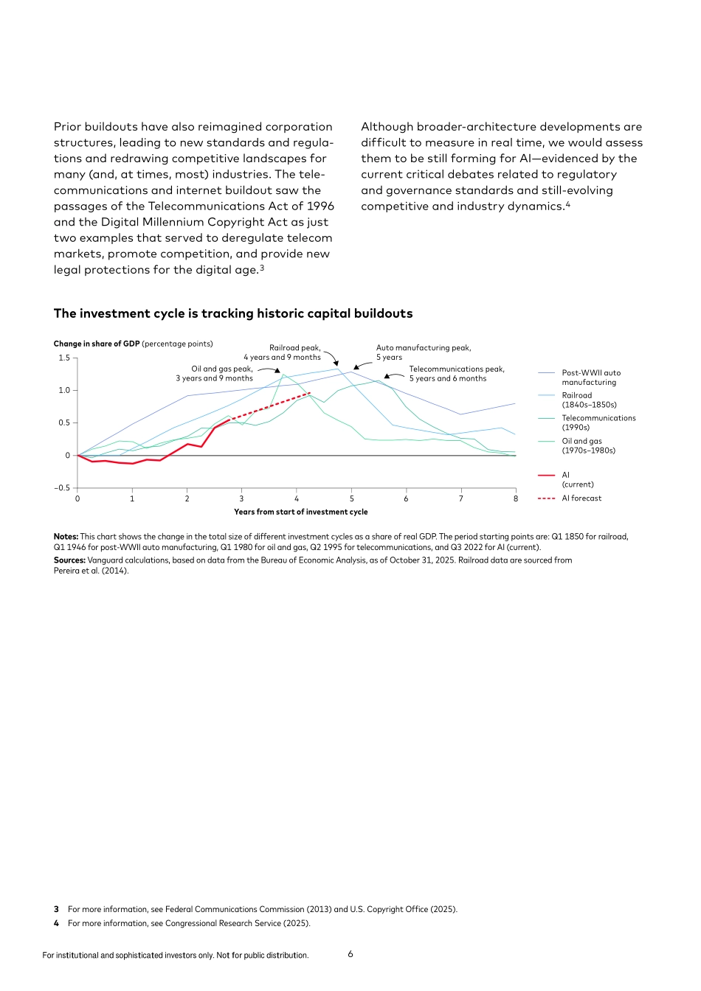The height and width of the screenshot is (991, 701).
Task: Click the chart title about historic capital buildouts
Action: [233, 313]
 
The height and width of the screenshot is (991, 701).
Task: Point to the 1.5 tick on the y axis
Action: [64, 358]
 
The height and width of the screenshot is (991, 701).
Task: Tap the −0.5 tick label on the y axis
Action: [62, 488]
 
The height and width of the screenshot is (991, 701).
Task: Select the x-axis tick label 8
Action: [516, 499]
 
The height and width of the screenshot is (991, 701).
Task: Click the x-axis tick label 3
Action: [241, 499]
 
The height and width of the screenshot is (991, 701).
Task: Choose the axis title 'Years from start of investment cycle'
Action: [300, 512]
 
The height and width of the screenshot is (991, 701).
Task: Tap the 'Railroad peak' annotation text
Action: [283, 352]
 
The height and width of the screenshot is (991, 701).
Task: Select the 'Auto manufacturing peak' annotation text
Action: [423, 352]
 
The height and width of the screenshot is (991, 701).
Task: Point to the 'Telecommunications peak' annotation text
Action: [457, 374]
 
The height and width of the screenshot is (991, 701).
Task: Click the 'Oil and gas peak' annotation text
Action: [215, 374]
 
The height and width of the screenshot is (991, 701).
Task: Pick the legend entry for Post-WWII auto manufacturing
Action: [590, 378]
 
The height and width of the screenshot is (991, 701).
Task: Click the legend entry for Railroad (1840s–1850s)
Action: [588, 400]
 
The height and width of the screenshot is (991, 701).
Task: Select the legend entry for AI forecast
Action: [581, 498]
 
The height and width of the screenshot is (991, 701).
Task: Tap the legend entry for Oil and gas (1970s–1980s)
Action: [587, 445]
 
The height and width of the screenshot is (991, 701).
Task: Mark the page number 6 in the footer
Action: [350, 954]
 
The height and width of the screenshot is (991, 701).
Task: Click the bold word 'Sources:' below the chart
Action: [69, 560]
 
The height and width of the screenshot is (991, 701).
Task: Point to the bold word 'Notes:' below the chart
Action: [66, 537]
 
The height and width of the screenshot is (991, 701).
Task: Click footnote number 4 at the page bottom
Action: [56, 923]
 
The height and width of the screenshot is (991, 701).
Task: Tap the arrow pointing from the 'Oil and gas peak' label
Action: [269, 369]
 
